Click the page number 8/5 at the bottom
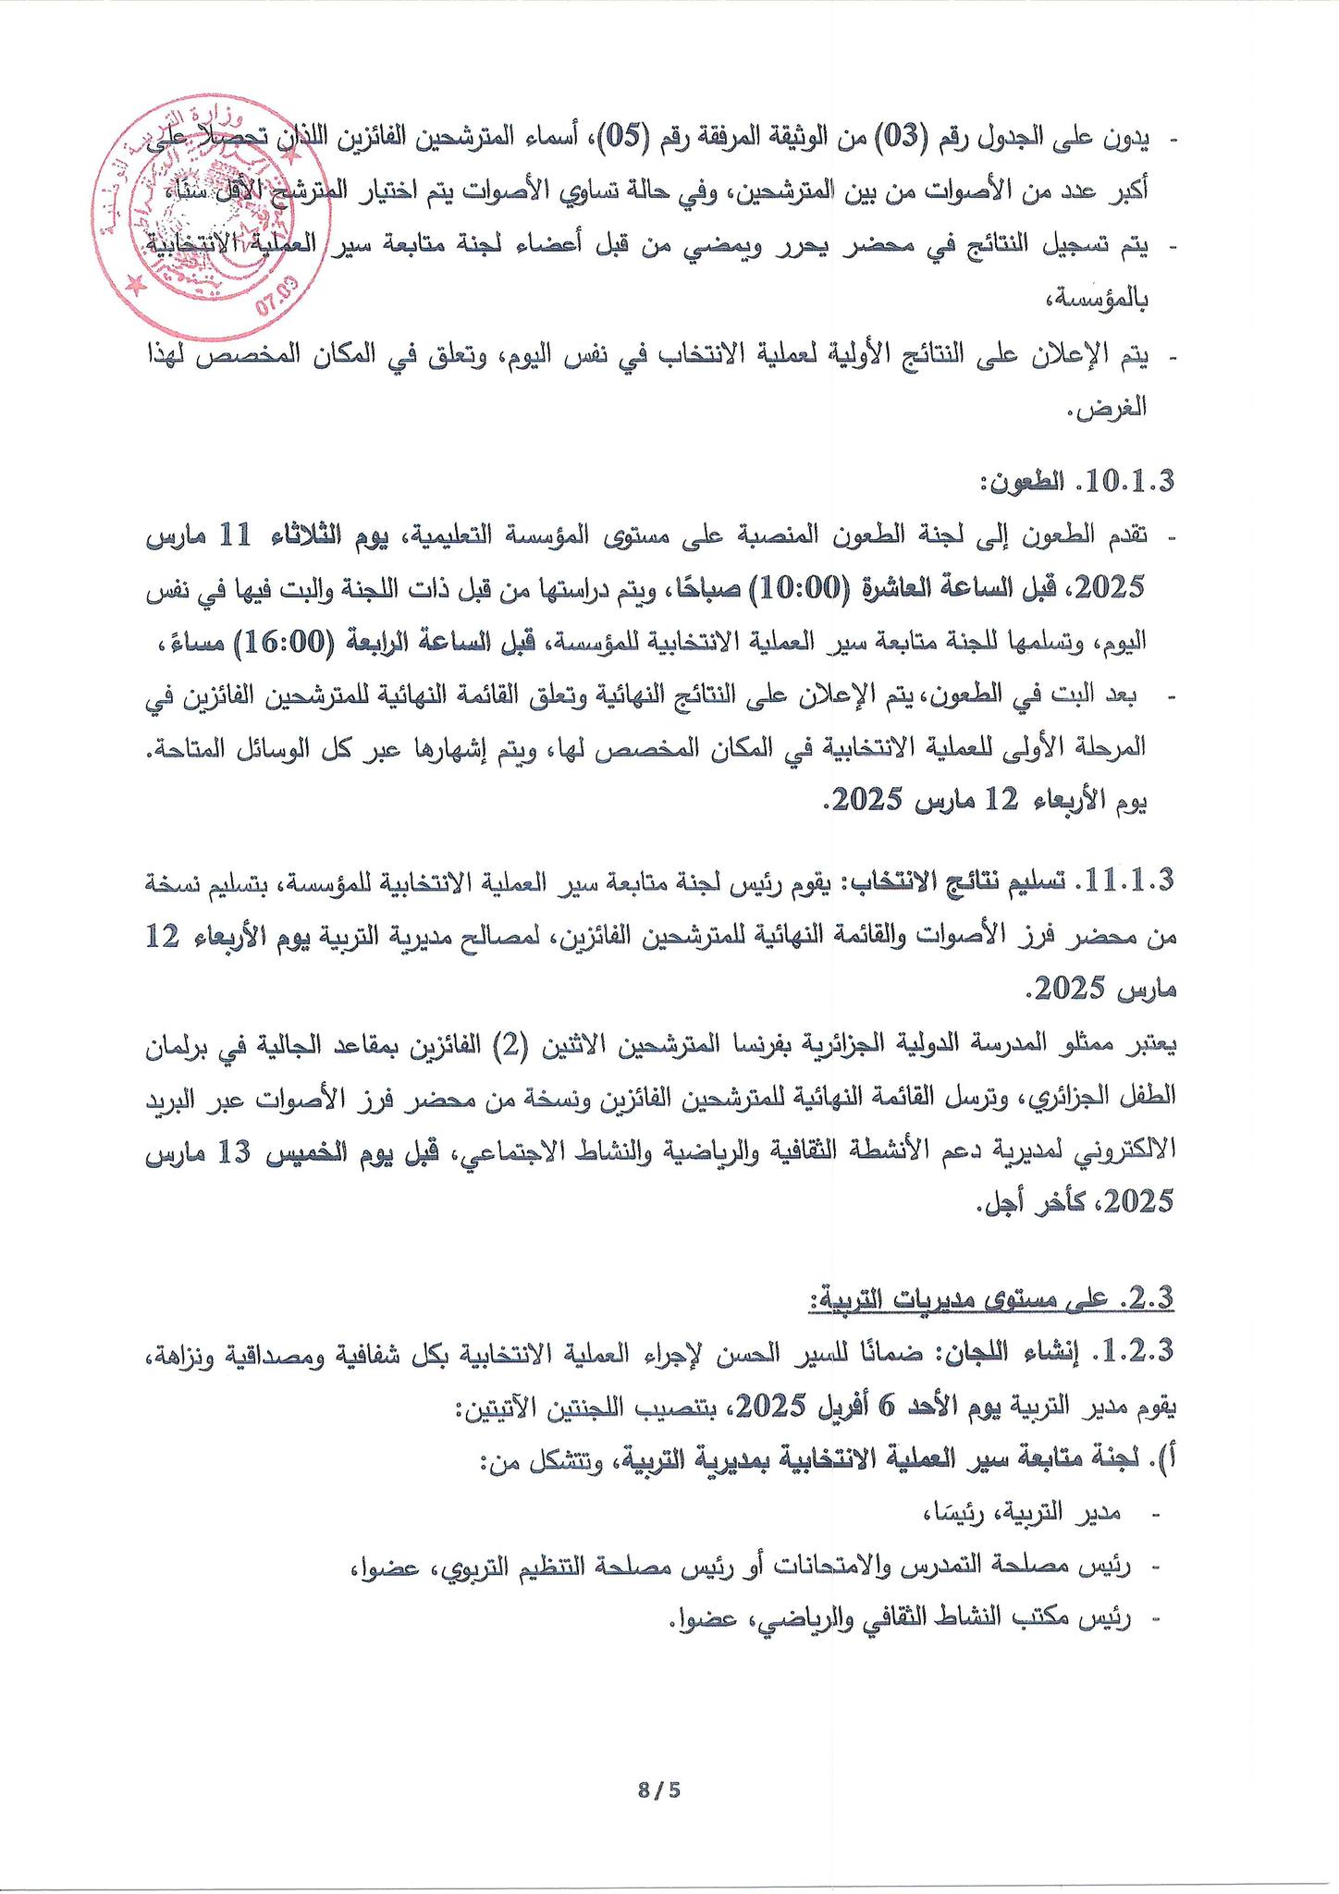pyautogui.click(x=658, y=1789)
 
